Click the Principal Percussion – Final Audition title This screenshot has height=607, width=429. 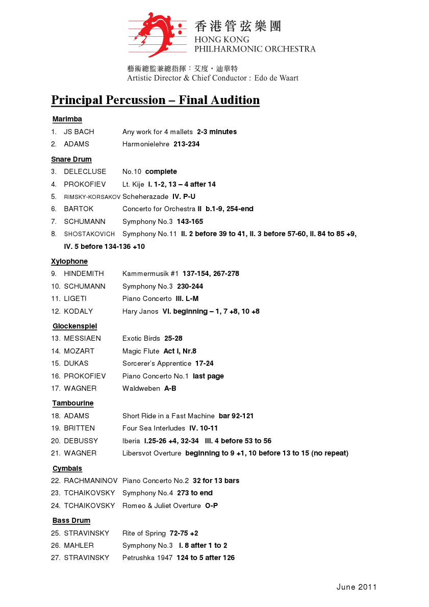[x=155, y=100]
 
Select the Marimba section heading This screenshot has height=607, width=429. [x=67, y=119]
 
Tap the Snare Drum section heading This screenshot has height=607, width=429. [x=71, y=159]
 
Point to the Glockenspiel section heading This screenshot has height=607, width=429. [x=74, y=326]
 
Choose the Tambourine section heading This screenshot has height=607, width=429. [x=73, y=403]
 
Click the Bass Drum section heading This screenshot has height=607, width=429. [x=71, y=521]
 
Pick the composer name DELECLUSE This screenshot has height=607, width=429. [x=85, y=172]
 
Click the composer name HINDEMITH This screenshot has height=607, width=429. [x=84, y=274]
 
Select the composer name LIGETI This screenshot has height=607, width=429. [x=75, y=299]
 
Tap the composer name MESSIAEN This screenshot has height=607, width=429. [x=82, y=339]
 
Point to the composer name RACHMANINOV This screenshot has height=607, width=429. [x=91, y=481]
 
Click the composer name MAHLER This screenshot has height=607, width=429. [x=79, y=546]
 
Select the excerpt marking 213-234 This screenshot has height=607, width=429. [x=187, y=144]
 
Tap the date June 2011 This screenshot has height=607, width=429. [x=357, y=587]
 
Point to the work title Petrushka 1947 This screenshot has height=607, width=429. [x=147, y=558]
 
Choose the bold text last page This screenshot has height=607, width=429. [x=208, y=376]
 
